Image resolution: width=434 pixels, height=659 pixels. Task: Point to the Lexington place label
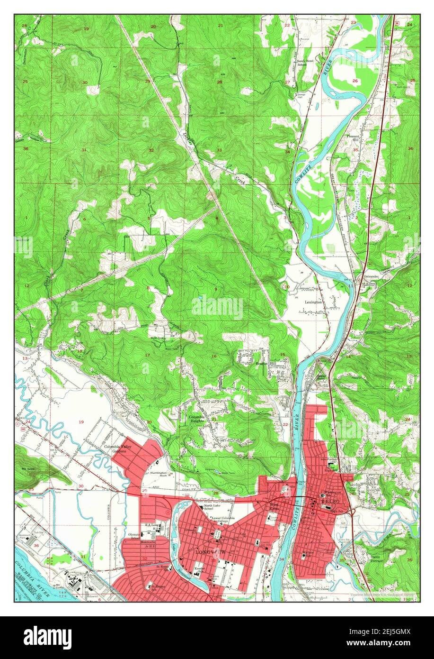(313, 302)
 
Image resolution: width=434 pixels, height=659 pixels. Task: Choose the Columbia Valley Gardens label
(115, 449)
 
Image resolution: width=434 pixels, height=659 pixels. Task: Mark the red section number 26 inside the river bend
(355, 81)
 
